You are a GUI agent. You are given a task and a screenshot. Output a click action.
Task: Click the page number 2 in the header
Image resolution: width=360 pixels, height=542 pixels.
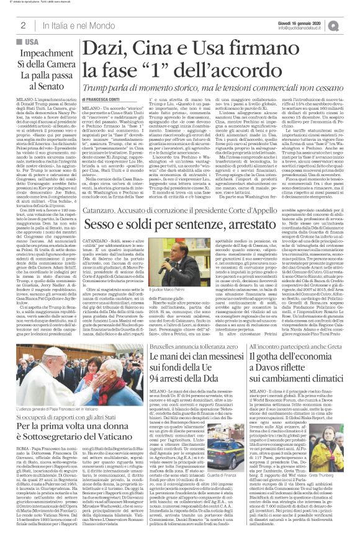tap(23, 25)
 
